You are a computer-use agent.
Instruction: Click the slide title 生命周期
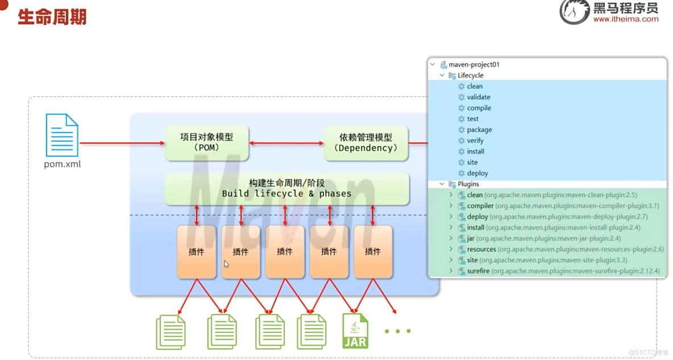pos(52,16)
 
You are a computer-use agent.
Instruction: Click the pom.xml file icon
pos(62,135)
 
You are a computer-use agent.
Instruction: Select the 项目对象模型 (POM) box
pos(206,142)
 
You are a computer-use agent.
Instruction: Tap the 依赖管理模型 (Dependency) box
pos(365,142)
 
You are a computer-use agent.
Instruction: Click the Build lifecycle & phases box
pos(286,188)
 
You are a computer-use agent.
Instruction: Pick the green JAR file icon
pos(355,331)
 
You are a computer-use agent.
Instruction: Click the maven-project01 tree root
pos(473,65)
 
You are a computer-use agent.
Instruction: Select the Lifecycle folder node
pos(470,76)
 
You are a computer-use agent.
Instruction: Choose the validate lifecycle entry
pos(478,97)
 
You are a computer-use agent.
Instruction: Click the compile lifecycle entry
pos(479,108)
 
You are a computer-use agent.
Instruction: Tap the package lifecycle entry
pos(479,130)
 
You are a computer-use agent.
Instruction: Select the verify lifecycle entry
pos(475,140)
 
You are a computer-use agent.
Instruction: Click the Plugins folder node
pos(468,184)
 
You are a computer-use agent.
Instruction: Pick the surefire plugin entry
pos(478,271)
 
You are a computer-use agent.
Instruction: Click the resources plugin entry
pos(481,250)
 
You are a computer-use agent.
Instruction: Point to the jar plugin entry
pos(471,239)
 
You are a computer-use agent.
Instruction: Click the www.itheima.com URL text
pos(625,19)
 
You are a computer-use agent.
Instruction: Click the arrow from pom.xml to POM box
pos(122,143)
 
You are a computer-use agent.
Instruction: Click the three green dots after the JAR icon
pos(397,331)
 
